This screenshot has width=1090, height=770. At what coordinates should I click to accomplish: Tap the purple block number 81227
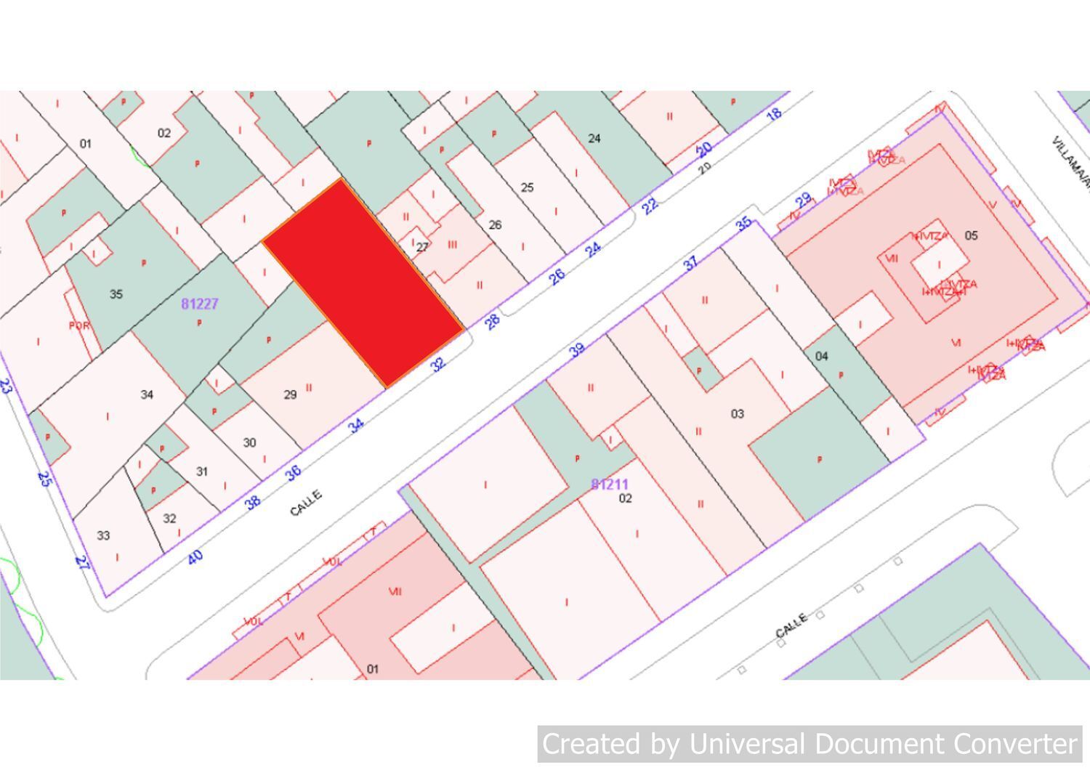tap(200, 304)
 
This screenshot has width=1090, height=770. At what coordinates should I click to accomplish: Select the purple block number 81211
tap(609, 484)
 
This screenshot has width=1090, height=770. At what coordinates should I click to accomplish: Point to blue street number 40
tap(195, 557)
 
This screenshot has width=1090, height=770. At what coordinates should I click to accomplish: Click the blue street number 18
tap(775, 113)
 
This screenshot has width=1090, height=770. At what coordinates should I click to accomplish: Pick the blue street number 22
tap(650, 206)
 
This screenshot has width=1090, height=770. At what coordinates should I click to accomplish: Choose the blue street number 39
tap(577, 350)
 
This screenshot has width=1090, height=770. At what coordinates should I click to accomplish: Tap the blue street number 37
tap(690, 262)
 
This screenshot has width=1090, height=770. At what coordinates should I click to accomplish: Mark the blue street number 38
tap(252, 501)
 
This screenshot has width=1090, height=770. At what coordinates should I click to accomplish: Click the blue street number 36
tap(293, 473)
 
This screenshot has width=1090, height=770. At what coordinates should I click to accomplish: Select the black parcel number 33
tap(103, 535)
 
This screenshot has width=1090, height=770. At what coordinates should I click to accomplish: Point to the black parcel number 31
tap(202, 471)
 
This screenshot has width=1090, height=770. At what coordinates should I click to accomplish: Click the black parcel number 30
tap(249, 442)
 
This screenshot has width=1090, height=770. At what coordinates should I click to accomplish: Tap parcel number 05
tap(971, 235)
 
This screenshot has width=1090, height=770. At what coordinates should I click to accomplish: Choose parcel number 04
tap(821, 356)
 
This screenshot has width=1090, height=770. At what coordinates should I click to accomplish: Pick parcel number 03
tap(737, 414)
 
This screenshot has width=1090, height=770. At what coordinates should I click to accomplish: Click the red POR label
tap(79, 325)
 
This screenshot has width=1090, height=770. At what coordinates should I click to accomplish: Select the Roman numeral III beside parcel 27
tap(452, 245)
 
